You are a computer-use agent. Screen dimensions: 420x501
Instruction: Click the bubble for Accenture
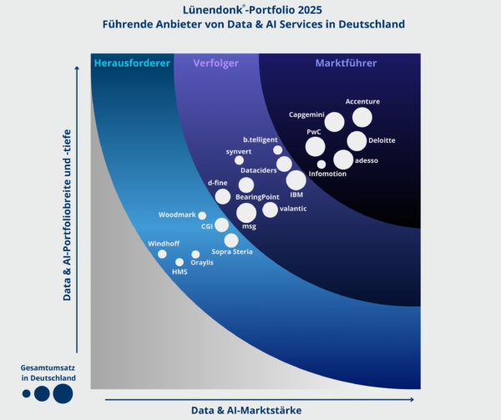[362, 118]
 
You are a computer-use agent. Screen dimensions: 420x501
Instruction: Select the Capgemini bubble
[334, 122]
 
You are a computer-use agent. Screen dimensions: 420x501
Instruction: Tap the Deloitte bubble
[357, 141]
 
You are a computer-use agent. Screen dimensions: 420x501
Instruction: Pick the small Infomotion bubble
[321, 164]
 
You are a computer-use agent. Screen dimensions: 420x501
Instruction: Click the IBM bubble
[296, 180]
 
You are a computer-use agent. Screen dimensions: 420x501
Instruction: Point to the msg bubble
[246, 213]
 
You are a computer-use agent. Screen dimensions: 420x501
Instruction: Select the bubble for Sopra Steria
[231, 240]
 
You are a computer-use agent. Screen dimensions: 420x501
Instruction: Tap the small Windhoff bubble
[162, 254]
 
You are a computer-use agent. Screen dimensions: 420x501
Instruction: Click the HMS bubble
[180, 262]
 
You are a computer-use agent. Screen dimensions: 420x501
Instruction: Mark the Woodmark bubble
[202, 215]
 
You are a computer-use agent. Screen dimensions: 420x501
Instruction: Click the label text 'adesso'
[367, 159]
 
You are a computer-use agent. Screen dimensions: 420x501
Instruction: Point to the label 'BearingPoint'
[257, 197]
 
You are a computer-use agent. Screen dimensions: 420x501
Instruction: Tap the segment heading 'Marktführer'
[346, 63]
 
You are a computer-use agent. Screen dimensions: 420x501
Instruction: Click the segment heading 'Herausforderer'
[132, 63]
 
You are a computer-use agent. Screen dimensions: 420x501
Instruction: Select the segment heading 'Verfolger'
[216, 63]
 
